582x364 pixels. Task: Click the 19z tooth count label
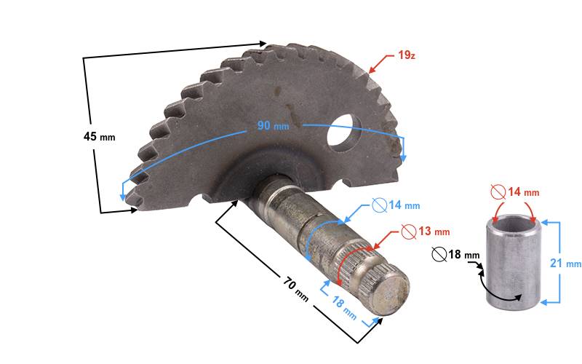click(x=407, y=55)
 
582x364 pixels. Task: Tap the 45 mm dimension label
click(x=99, y=137)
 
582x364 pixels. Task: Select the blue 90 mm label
click(x=273, y=125)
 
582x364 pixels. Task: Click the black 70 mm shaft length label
click(x=296, y=290)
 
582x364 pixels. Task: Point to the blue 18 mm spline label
click(x=344, y=307)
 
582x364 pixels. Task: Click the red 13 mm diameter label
click(x=434, y=232)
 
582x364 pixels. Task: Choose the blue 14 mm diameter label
click(x=404, y=205)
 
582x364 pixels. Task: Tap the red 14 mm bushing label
click(x=523, y=192)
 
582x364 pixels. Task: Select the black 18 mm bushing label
click(x=464, y=255)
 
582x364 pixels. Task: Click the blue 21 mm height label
click(x=565, y=264)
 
